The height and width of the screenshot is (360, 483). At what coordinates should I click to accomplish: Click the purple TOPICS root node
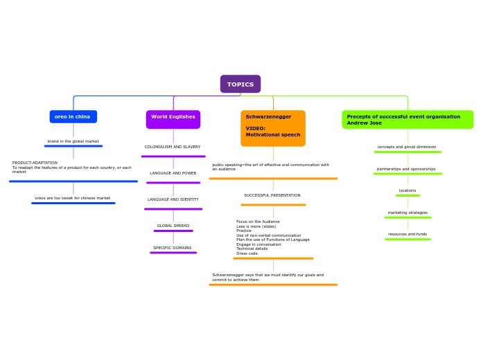(240, 84)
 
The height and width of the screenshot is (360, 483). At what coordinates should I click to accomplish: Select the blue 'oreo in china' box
(73, 116)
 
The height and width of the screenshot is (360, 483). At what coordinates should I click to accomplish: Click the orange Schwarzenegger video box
(273, 128)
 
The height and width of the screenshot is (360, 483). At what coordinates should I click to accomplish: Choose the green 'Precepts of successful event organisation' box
(407, 120)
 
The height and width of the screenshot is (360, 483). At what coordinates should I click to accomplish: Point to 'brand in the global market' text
(73, 141)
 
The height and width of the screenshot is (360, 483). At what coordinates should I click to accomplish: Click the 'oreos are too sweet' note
(73, 198)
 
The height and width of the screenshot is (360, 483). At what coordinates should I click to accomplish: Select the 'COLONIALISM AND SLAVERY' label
(173, 147)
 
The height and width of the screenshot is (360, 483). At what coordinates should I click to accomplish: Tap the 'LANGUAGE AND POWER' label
(173, 173)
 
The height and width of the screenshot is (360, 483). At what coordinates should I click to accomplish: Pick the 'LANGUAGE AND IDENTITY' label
(173, 199)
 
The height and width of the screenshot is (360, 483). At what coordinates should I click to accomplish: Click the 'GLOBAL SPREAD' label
(173, 226)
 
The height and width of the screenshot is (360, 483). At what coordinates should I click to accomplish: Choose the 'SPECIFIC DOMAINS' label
(173, 248)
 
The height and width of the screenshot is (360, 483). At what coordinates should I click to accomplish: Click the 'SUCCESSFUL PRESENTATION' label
(272, 195)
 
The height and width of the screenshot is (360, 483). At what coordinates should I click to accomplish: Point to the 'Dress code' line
(247, 253)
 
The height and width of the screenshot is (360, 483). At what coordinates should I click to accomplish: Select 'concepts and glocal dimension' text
(407, 147)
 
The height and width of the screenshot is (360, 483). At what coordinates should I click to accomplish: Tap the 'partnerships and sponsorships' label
(407, 169)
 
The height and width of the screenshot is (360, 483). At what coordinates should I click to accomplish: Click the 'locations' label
(407, 190)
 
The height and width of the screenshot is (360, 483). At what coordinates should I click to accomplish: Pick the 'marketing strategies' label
(407, 213)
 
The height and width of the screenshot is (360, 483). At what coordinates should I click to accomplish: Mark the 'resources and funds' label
(407, 234)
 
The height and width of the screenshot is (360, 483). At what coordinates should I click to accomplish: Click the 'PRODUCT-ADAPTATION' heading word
(35, 163)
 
